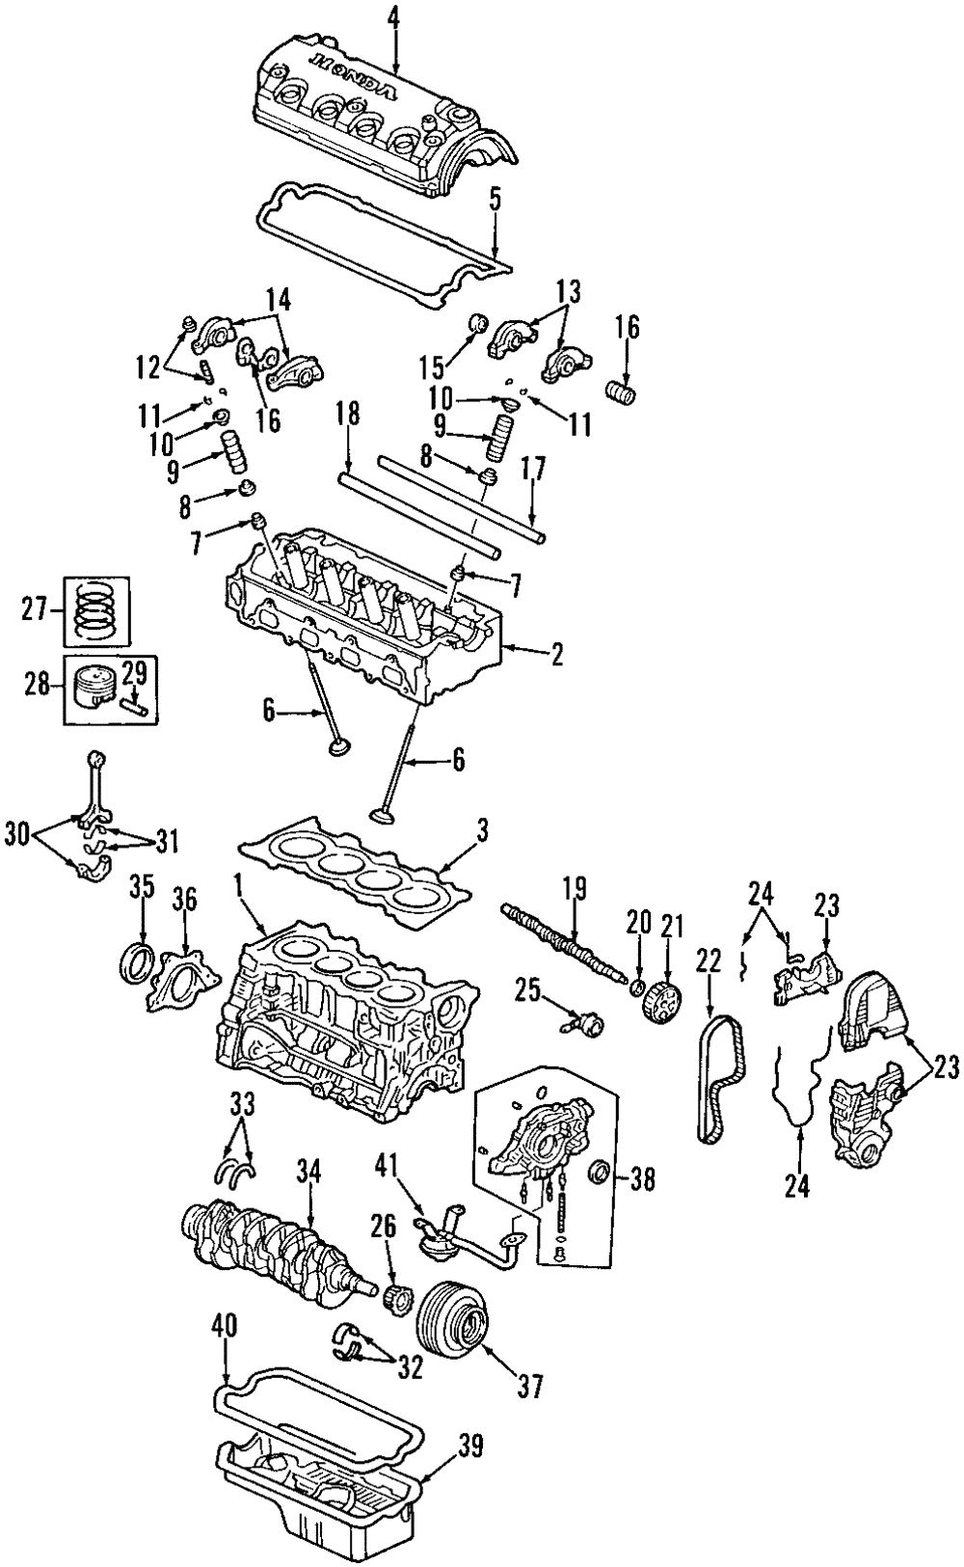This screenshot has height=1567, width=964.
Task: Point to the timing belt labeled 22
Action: (715, 1080)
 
